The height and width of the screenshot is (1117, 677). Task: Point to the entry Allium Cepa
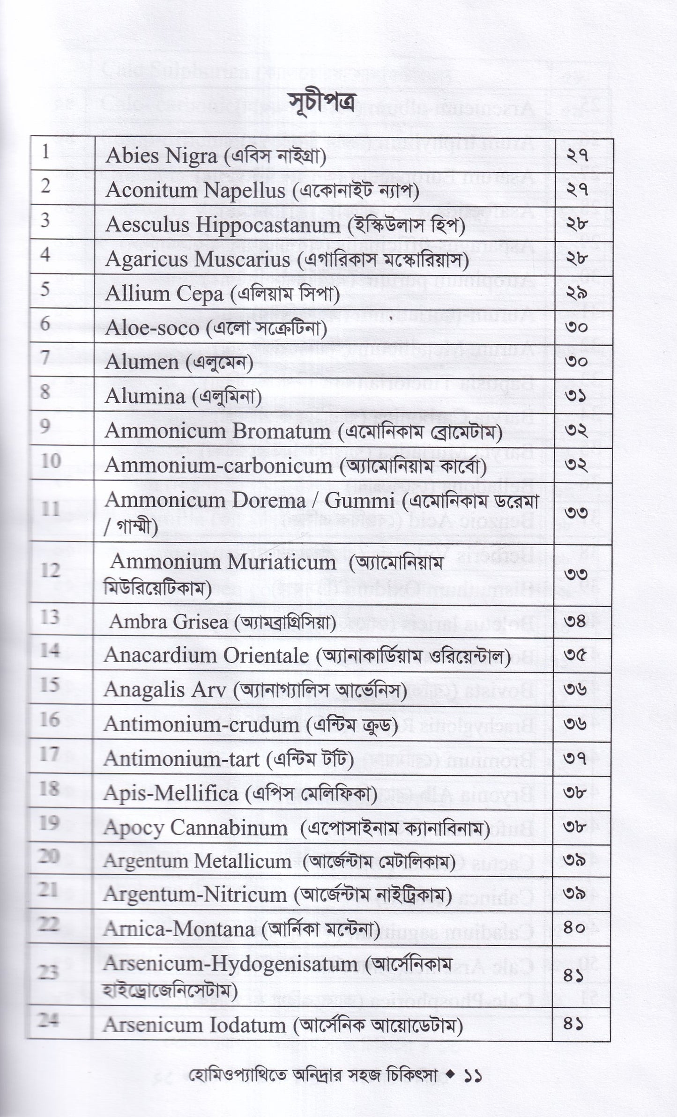pyautogui.click(x=164, y=294)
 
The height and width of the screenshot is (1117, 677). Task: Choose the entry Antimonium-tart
pyautogui.click(x=181, y=759)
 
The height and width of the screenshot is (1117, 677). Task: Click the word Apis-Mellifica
pyautogui.click(x=171, y=793)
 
